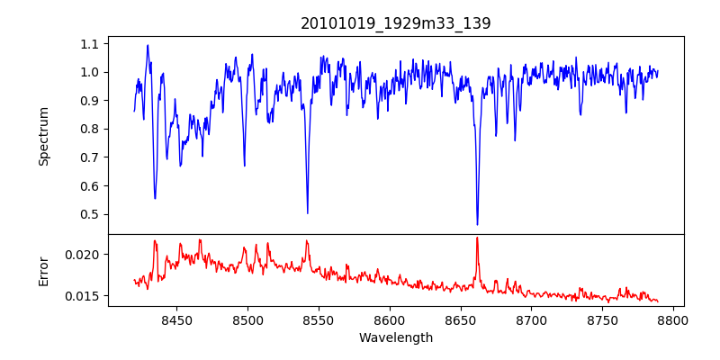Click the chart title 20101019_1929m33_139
coord(396,23)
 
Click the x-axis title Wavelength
coord(396,337)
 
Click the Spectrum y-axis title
coord(43,136)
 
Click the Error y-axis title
coord(43,270)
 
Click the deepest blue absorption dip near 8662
coord(477,223)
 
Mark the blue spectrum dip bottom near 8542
coord(308,212)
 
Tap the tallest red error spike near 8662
coord(477,238)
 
